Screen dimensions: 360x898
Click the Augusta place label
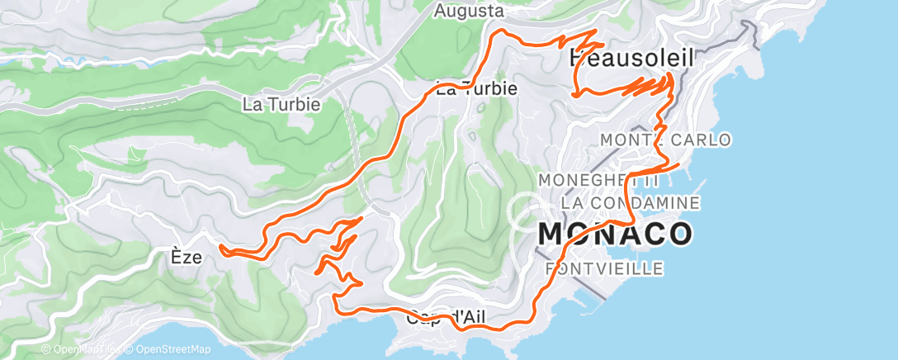(x=469, y=11)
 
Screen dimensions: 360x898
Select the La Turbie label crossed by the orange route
(x=476, y=88)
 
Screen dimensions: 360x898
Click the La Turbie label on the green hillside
(x=281, y=105)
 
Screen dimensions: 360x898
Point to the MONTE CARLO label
(x=665, y=140)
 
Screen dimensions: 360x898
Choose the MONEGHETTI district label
(x=598, y=179)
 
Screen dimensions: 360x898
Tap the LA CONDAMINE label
(x=630, y=202)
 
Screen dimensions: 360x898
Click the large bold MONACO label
(x=615, y=234)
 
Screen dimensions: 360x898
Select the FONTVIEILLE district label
(x=605, y=268)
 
